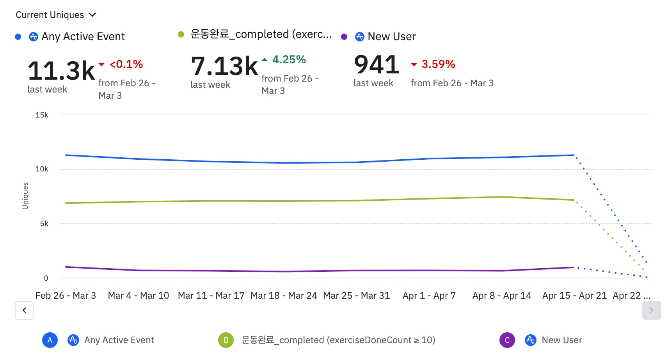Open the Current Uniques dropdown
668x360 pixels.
click(x=55, y=15)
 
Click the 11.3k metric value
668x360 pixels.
click(x=61, y=71)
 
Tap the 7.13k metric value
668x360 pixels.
click(x=224, y=66)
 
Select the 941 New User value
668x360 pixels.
click(x=377, y=64)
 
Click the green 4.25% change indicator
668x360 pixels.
click(x=289, y=60)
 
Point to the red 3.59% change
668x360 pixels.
click(x=438, y=64)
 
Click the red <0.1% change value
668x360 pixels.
click(x=126, y=64)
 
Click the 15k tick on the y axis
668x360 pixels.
click(x=42, y=115)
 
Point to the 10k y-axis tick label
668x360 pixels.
click(x=42, y=169)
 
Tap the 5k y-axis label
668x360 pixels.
click(x=44, y=224)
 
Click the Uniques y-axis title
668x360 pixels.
click(x=25, y=196)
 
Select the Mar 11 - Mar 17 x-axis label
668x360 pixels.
click(x=211, y=296)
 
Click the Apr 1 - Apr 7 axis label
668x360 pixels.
click(x=429, y=296)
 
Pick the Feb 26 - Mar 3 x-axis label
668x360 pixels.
click(x=66, y=296)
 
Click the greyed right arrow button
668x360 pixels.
click(x=651, y=310)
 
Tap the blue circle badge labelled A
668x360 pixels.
click(x=50, y=340)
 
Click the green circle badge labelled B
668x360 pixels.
click(x=226, y=340)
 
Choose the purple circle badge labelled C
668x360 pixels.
click(x=507, y=340)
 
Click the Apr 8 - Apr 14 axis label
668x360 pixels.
click(x=502, y=296)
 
